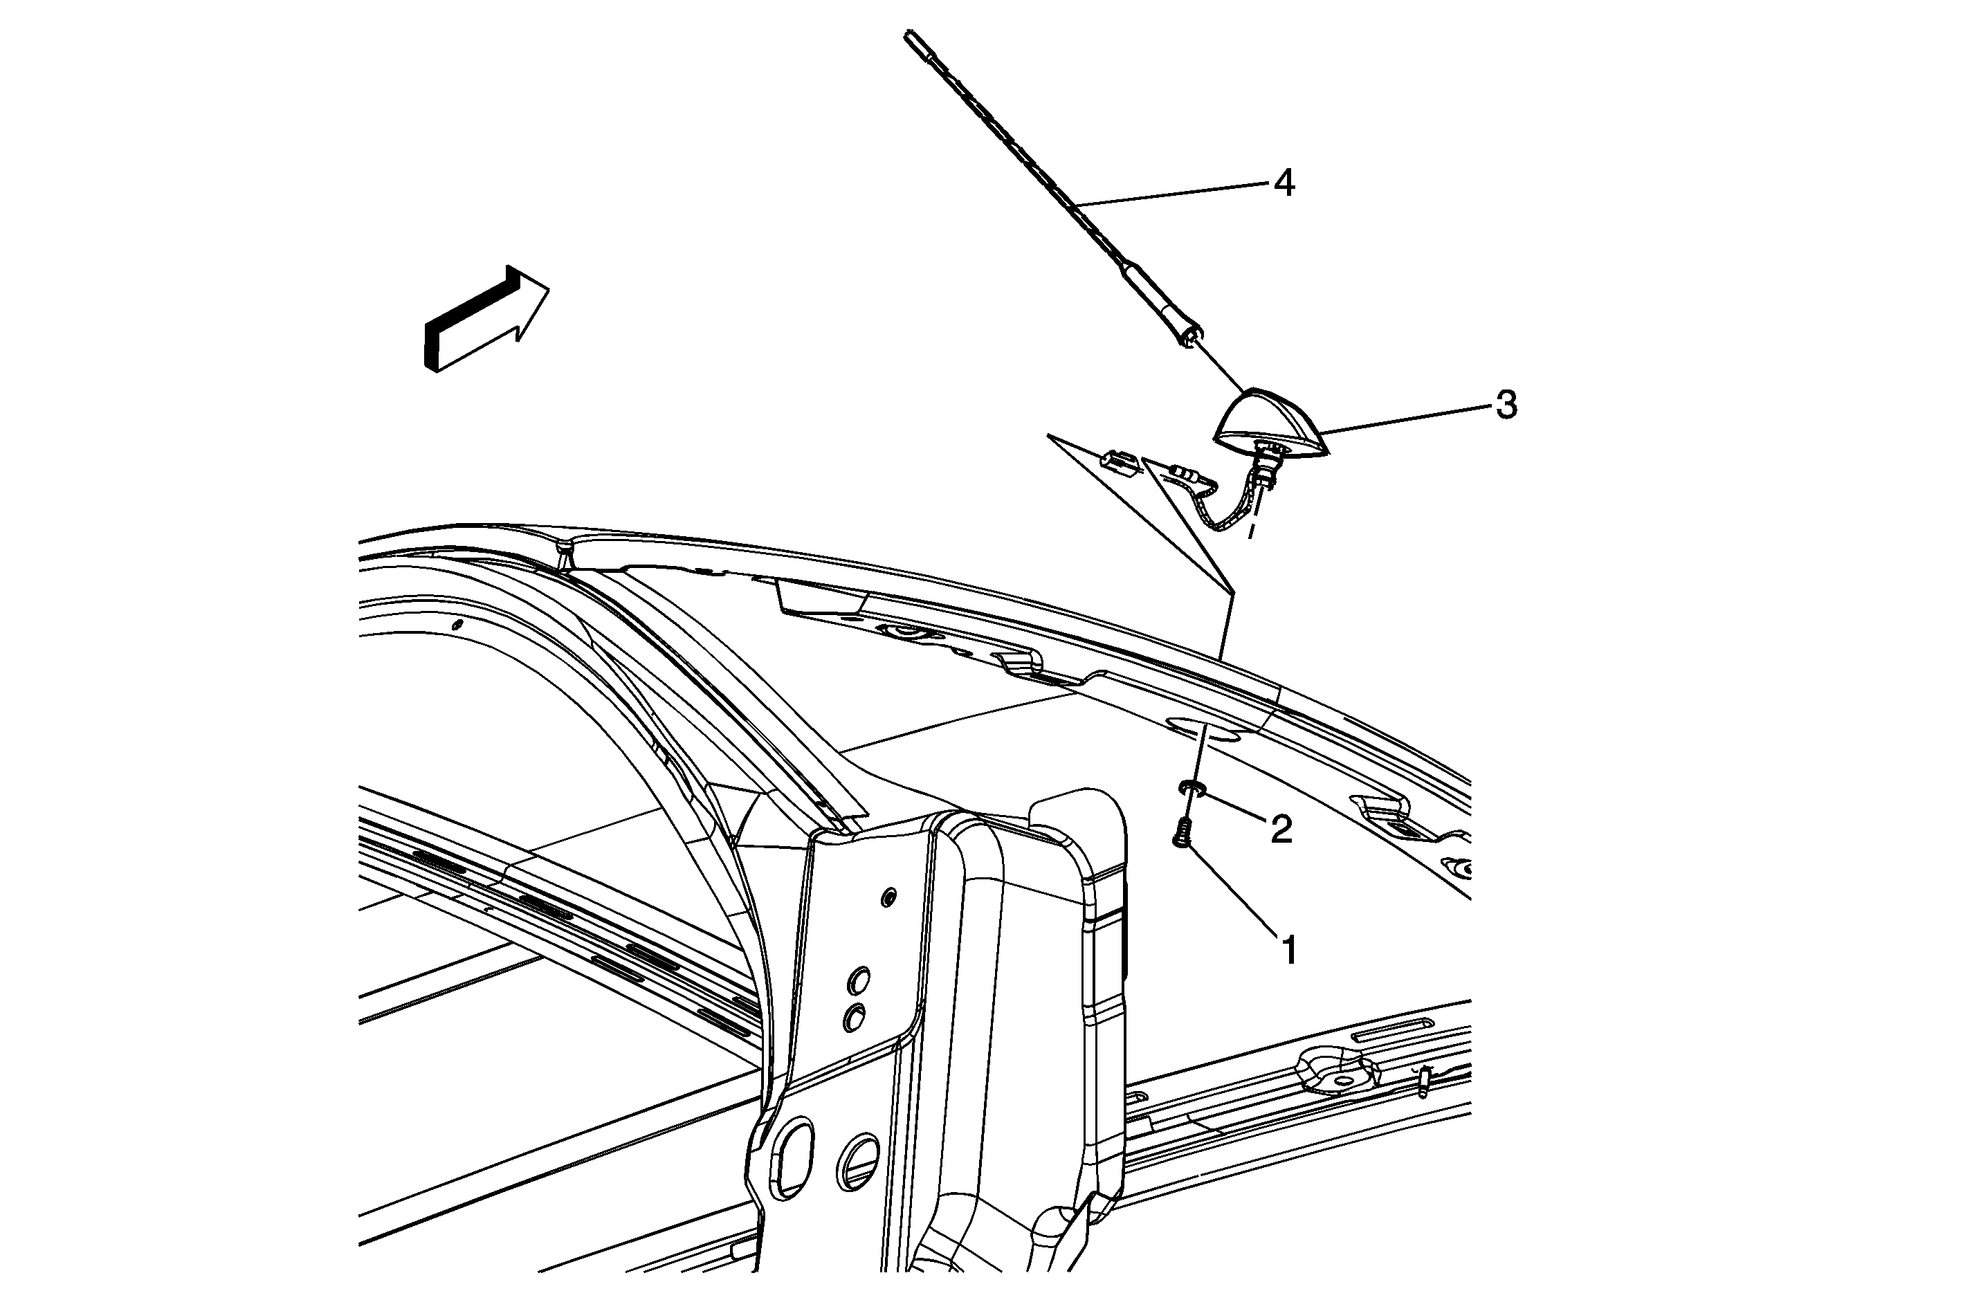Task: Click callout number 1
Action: (1289, 951)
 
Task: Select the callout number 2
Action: (1281, 830)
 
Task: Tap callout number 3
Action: (1506, 405)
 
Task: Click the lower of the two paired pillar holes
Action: (853, 1018)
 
